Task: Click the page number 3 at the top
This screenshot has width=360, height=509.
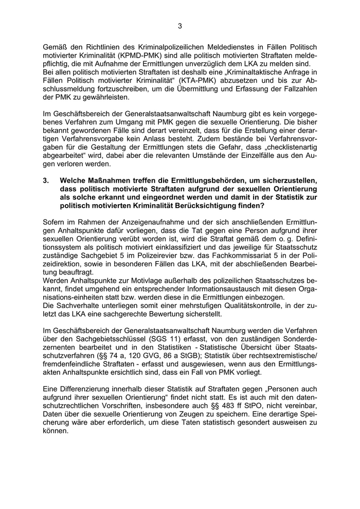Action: tap(179, 26)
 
